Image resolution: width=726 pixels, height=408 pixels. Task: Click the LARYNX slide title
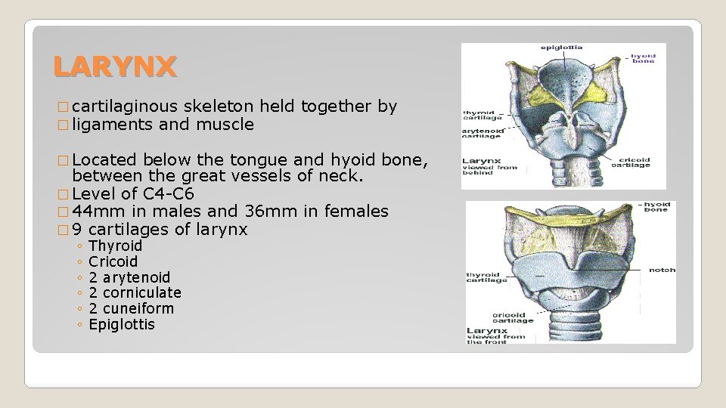[x=115, y=67]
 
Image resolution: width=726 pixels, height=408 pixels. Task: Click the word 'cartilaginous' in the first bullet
[x=123, y=107]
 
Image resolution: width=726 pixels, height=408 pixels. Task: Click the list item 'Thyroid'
[x=115, y=246]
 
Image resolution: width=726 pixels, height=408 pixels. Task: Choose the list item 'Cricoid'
[x=113, y=262]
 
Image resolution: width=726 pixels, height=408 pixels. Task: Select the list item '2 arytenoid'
[x=129, y=277]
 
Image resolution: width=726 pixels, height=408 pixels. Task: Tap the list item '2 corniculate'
[x=135, y=293]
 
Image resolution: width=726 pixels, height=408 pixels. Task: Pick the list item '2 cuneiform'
[x=131, y=309]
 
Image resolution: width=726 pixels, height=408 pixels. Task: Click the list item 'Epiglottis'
[x=122, y=325]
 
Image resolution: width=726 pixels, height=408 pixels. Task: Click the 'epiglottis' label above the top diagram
[x=561, y=48]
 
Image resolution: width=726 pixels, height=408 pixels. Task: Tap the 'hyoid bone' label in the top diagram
[x=644, y=58]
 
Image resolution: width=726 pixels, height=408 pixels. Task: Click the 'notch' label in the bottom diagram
[x=662, y=270]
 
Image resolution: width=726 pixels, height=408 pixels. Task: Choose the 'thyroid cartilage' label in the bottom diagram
[x=487, y=277]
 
